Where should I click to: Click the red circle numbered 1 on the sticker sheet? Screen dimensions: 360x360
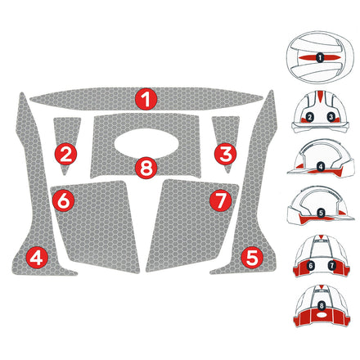(x=146, y=100)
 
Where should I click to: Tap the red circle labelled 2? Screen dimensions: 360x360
(x=67, y=152)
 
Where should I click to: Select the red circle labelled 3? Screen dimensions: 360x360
(x=227, y=152)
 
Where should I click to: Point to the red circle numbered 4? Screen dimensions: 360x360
(x=37, y=257)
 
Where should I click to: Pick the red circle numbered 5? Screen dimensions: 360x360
(x=252, y=257)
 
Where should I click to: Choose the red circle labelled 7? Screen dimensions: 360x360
(x=218, y=199)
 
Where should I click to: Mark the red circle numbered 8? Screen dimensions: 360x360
(x=146, y=169)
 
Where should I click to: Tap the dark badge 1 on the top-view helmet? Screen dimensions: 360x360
(x=320, y=58)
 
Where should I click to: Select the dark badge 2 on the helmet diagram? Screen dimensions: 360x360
(x=309, y=118)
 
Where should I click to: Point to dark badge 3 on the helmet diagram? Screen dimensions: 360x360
(x=330, y=118)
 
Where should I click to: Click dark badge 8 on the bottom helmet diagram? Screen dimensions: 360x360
(x=320, y=306)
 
